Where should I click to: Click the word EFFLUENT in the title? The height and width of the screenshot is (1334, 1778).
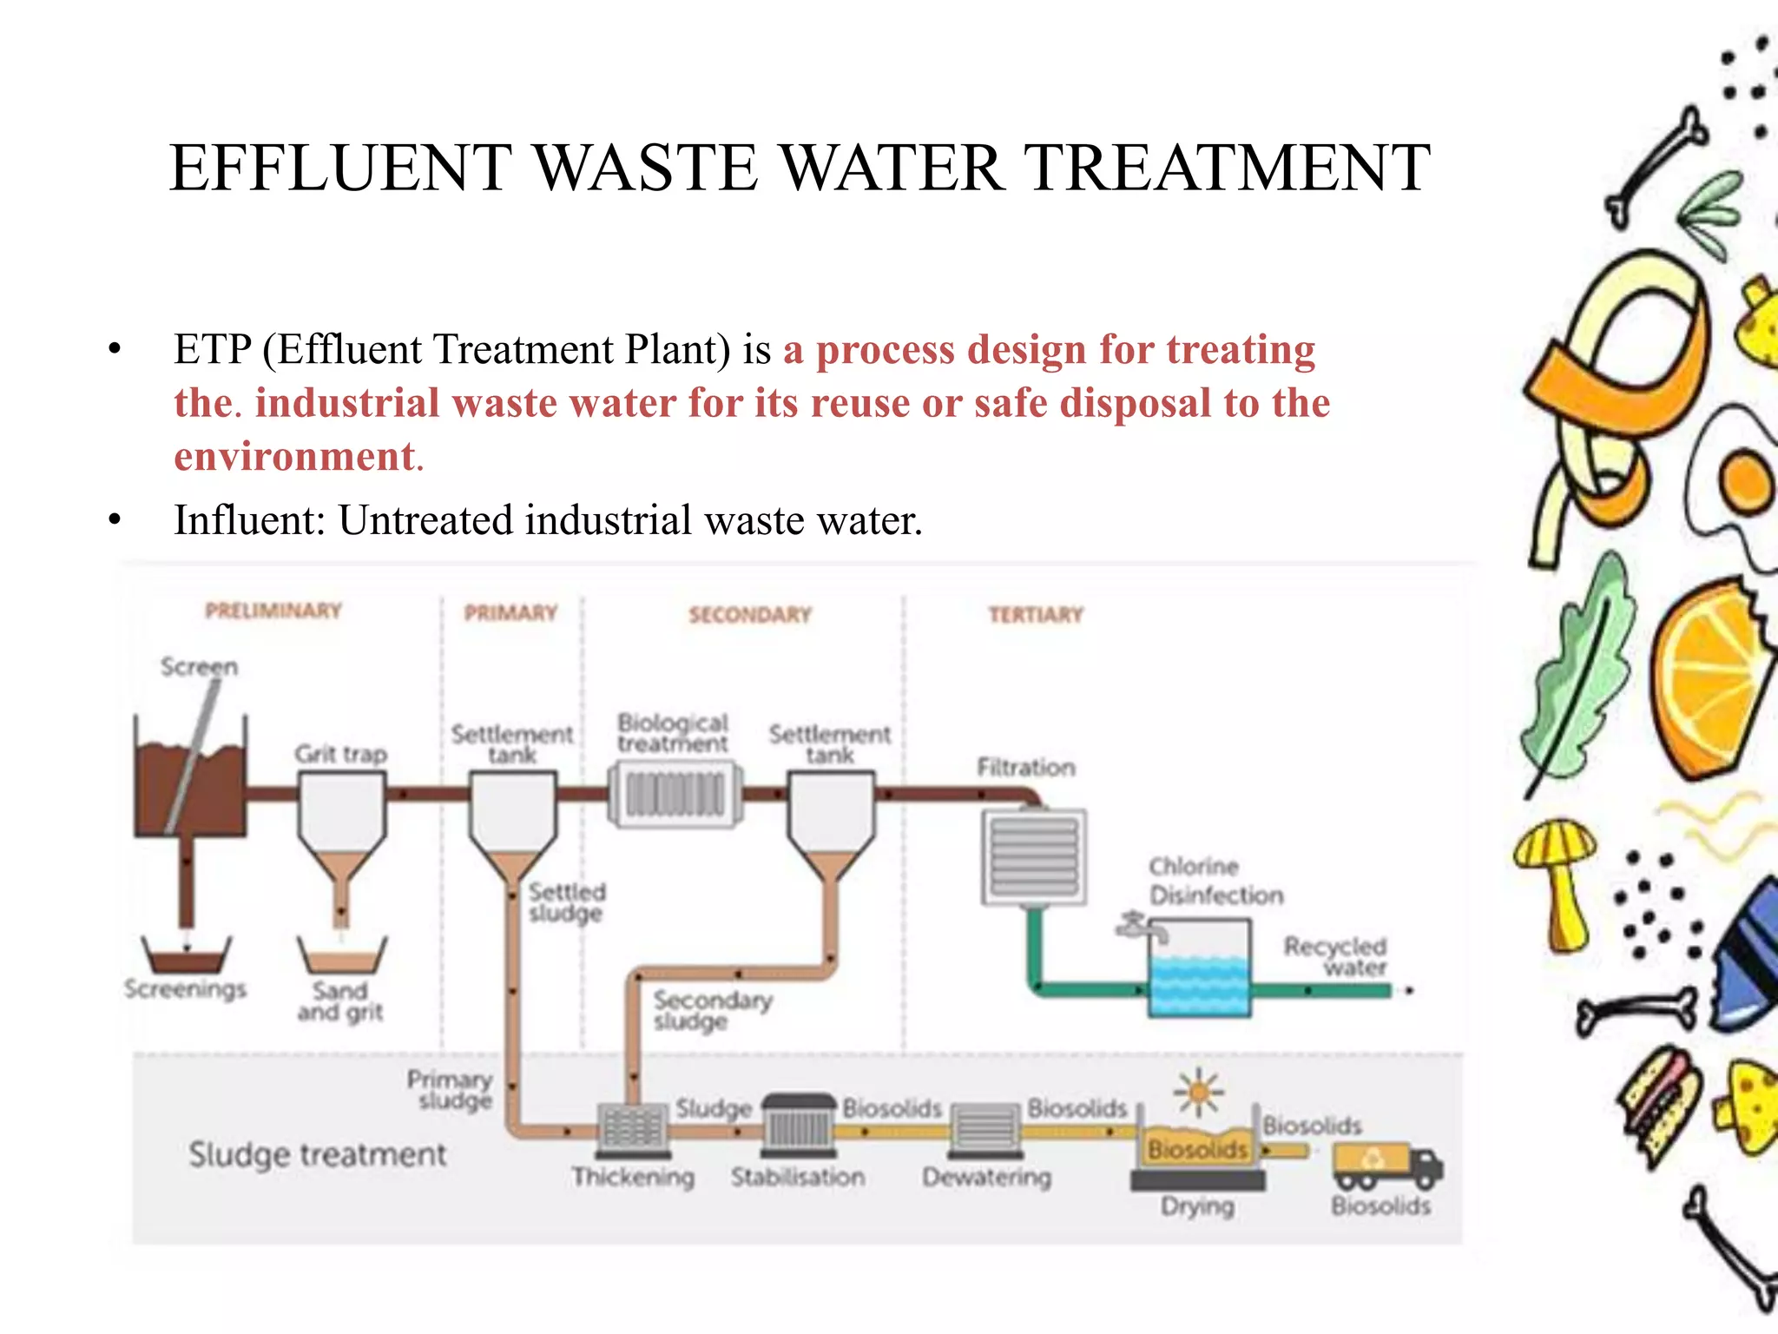click(x=341, y=168)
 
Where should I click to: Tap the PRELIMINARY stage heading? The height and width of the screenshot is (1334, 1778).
click(x=273, y=611)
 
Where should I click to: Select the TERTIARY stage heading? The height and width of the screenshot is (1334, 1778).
click(x=1036, y=615)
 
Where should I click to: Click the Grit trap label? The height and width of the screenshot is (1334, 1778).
click(x=340, y=754)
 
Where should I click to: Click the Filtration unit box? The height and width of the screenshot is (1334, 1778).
click(x=1034, y=857)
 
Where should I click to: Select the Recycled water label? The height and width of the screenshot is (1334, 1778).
click(x=1335, y=956)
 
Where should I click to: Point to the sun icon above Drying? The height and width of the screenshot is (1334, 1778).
click(x=1199, y=1091)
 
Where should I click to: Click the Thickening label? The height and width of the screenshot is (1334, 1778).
click(x=633, y=1177)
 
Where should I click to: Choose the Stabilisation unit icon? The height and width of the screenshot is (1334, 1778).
click(x=798, y=1126)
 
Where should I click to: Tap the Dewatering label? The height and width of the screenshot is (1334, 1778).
click(x=986, y=1178)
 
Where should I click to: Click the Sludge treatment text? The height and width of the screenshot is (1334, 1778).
click(x=317, y=1154)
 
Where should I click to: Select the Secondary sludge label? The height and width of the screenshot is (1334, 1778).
click(x=712, y=1010)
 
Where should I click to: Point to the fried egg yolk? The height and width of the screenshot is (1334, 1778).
click(x=1746, y=480)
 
